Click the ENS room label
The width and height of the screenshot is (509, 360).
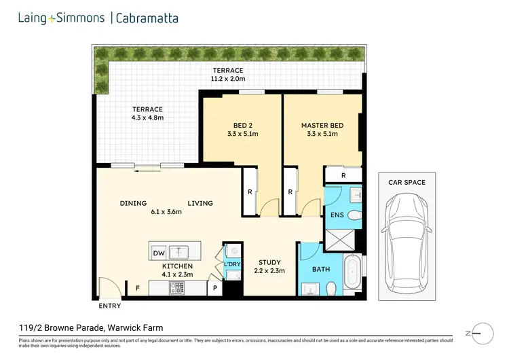[337, 215]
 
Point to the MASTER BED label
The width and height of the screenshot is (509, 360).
[322, 126]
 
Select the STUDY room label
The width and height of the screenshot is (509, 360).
[269, 262]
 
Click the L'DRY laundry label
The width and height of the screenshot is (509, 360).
[232, 264]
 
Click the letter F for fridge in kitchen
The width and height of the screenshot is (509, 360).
[138, 288]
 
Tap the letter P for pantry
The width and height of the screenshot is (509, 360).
[216, 288]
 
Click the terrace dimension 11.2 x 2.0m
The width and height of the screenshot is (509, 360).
[228, 79]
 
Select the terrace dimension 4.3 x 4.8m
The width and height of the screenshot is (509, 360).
[147, 118]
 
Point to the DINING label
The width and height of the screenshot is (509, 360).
[134, 203]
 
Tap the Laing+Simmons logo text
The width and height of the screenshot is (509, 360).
[61, 18]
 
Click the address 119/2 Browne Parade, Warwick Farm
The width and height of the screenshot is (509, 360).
[91, 327]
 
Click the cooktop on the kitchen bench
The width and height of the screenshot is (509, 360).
[176, 288]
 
